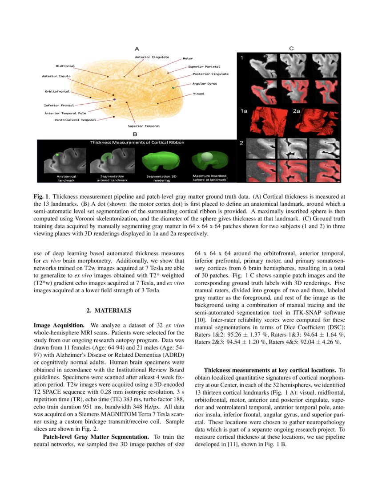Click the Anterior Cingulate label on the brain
pyautogui.click(x=152, y=57)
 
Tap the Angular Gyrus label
pyautogui.click(x=205, y=83)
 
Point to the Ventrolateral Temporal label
pyautogui.click(x=75, y=120)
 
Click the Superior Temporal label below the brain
pyautogui.click(x=144, y=126)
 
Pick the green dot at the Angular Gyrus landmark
pyautogui.click(x=173, y=88)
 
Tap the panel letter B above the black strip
pyautogui.click(x=135, y=134)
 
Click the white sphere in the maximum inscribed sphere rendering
pyautogui.click(x=207, y=156)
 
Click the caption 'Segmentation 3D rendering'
pyautogui.click(x=162, y=178)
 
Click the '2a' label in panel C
pyautogui.click(x=297, y=111)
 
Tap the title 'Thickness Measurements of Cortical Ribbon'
pyautogui.click(x=137, y=143)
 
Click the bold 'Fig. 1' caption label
pyautogui.click(x=41, y=196)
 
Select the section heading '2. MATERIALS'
pyautogui.click(x=109, y=310)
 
